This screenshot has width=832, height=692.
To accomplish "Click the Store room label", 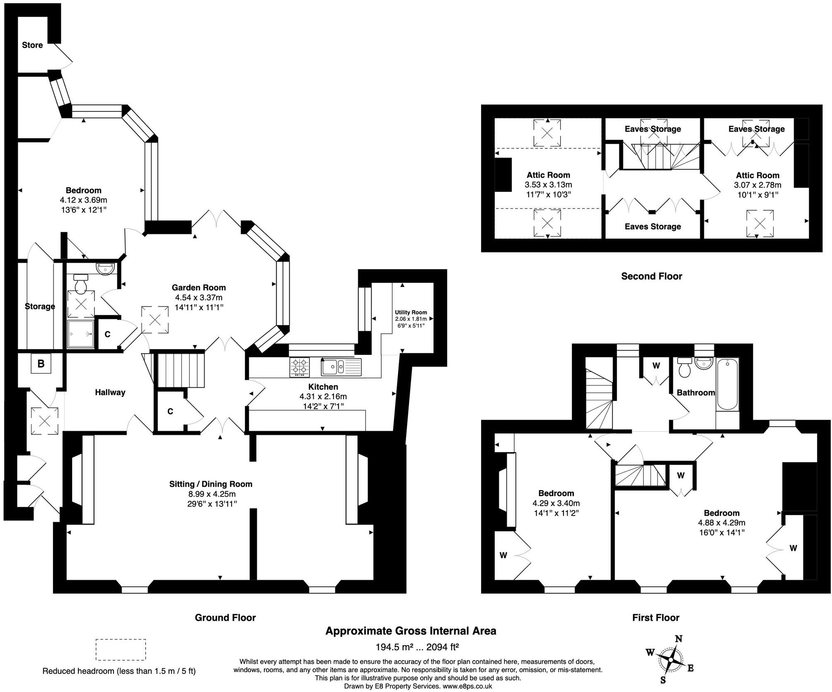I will coord(32,45).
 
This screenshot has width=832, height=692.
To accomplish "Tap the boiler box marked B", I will coord(41,364).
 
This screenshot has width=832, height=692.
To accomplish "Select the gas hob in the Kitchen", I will coord(300,367).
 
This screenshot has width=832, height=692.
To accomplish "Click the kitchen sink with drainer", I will coord(341,366).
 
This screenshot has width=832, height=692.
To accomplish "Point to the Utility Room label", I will coord(411,312).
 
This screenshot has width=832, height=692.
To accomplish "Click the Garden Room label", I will coord(198,287).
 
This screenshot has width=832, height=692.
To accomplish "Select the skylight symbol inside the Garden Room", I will coord(155,319).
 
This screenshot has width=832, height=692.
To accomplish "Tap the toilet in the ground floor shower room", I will coord(80,283).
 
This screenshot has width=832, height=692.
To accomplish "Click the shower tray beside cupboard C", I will coord(81,333).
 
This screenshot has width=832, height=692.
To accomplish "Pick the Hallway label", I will coord(110,392).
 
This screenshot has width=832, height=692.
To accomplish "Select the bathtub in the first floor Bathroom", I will coord(728,385).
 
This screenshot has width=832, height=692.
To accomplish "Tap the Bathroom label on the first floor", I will coord(696,393).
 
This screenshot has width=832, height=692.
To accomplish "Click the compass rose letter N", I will coord(679,639).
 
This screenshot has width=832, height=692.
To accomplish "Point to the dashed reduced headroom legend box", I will coord(121,650).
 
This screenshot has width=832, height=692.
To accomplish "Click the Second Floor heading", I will coord(651,276).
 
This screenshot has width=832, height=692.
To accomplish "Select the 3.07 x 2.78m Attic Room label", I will coord(757,185).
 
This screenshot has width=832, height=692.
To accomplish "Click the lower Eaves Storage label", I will coord(653,227).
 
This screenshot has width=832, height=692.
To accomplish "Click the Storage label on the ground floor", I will coord(40,306).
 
